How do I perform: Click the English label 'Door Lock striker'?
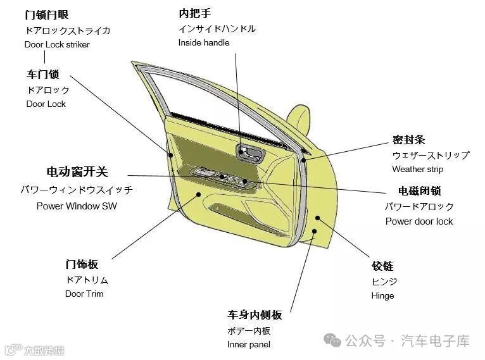[57, 44]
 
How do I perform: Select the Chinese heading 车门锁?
[42, 75]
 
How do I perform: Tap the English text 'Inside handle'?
[203, 42]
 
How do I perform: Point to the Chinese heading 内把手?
[194, 13]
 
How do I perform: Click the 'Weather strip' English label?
[417, 169]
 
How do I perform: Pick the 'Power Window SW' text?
[77, 206]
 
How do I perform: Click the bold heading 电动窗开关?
[77, 172]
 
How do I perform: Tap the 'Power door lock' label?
[419, 221]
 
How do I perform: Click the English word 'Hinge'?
[382, 295]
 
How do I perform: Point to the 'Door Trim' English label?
[84, 294]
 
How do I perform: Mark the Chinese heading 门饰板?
[82, 264]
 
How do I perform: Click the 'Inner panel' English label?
[248, 344]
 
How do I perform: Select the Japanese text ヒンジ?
[384, 281]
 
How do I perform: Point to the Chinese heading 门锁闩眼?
[47, 14]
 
